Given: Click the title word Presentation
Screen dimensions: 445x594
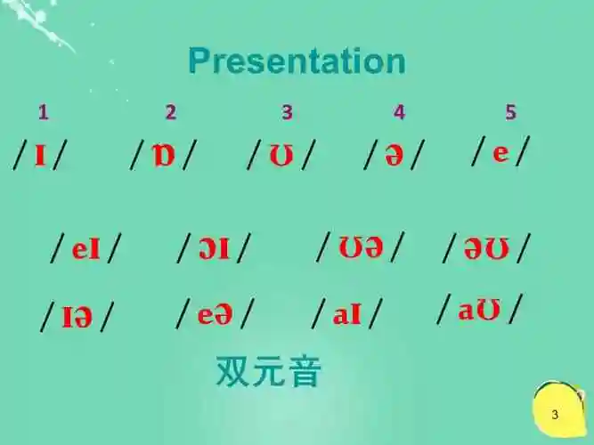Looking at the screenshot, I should [x=297, y=61].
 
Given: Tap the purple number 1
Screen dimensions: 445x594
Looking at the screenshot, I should [x=43, y=112].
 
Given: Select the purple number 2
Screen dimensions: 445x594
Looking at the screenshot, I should [x=170, y=112].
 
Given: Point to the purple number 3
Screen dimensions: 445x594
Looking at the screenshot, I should [x=287, y=112].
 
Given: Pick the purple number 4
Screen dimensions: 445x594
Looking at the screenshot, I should [x=399, y=112].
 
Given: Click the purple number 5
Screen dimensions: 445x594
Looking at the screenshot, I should [x=510, y=112].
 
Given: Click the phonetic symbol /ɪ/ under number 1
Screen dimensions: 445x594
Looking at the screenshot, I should [x=40, y=155].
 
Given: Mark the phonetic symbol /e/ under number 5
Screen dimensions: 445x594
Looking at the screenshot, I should [x=500, y=152].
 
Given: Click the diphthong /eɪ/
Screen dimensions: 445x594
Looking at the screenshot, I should [x=86, y=249].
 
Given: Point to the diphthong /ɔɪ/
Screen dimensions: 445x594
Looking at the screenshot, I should [x=214, y=249].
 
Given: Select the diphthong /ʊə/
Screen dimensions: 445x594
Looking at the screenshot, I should [x=361, y=247].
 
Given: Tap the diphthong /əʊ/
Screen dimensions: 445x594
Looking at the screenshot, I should [x=486, y=249].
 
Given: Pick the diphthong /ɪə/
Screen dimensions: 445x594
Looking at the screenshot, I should [x=77, y=316].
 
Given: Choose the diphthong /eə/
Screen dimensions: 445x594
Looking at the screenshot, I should [x=215, y=313].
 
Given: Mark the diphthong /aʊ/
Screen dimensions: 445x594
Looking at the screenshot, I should [x=478, y=310].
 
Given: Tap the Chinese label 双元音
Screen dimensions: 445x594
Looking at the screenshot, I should [x=268, y=371].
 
